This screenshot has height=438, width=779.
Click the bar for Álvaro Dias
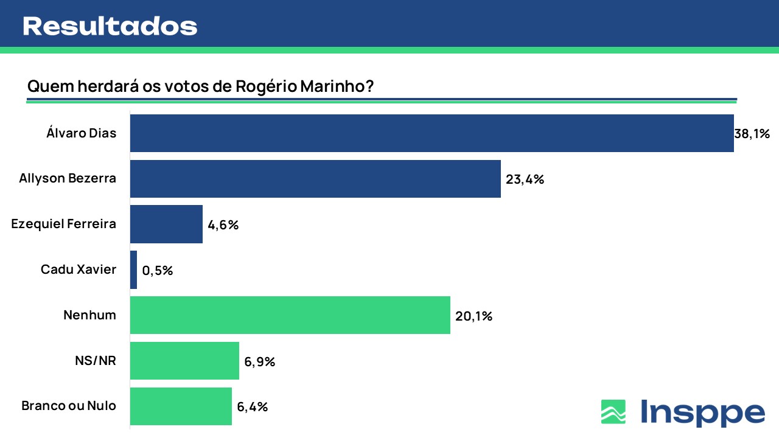coord(431,133)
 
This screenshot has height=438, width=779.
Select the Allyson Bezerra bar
coord(315,179)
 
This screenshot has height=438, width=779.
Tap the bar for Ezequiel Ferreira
coord(166,224)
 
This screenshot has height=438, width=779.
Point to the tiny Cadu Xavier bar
coord(133,270)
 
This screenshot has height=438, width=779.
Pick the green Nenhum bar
coord(290,316)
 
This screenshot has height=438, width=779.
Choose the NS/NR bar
coord(184,361)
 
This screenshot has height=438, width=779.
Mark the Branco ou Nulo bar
coord(181,406)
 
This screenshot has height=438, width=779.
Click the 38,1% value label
coord(752,134)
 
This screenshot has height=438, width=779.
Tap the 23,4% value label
coord(525,179)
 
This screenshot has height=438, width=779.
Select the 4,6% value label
coord(223,225)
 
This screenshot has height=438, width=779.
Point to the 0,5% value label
coord(158,271)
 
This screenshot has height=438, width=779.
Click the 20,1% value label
coord(473,316)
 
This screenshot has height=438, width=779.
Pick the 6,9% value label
coord(260,362)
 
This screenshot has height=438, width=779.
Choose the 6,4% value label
coord(253,407)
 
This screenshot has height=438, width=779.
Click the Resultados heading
coord(110,26)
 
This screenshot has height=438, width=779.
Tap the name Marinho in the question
coord(337,86)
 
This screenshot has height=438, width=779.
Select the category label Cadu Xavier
coord(78,269)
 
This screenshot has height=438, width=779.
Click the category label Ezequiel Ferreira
coord(64,224)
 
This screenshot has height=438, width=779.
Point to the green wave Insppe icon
coord(613,412)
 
